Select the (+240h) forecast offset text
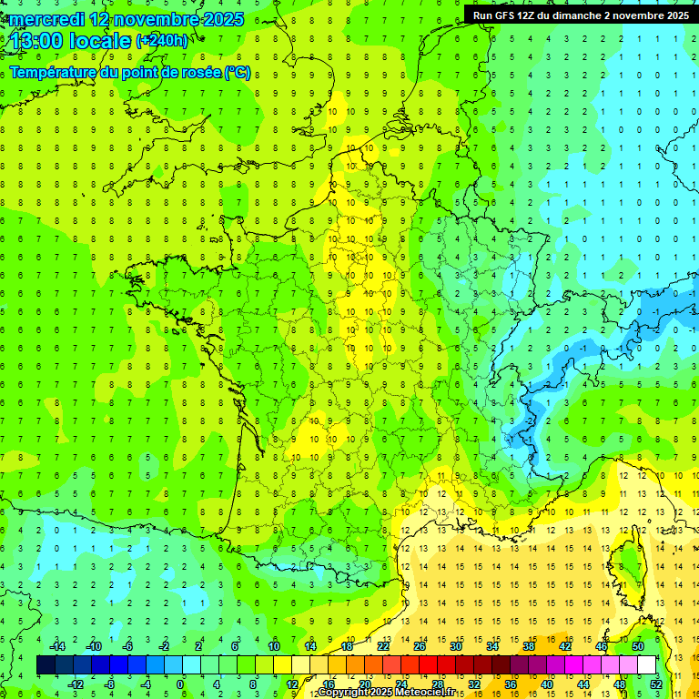tap(161, 40)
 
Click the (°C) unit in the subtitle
tap(237, 73)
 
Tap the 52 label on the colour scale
tap(655, 684)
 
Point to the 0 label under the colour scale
tap(180, 684)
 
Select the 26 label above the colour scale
tap(420, 645)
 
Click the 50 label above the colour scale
tap(638, 645)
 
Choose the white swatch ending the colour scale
tap(646, 664)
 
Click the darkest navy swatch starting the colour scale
tap(46, 664)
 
